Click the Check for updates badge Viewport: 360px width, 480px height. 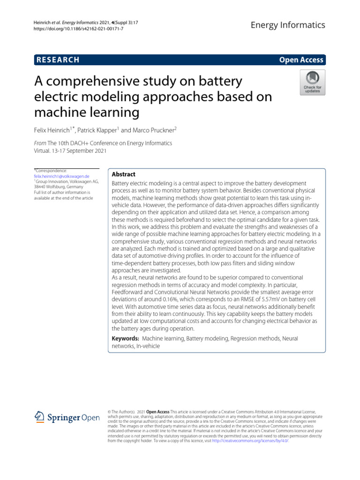tap(312, 83)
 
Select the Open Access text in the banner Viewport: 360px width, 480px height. tap(301, 60)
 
